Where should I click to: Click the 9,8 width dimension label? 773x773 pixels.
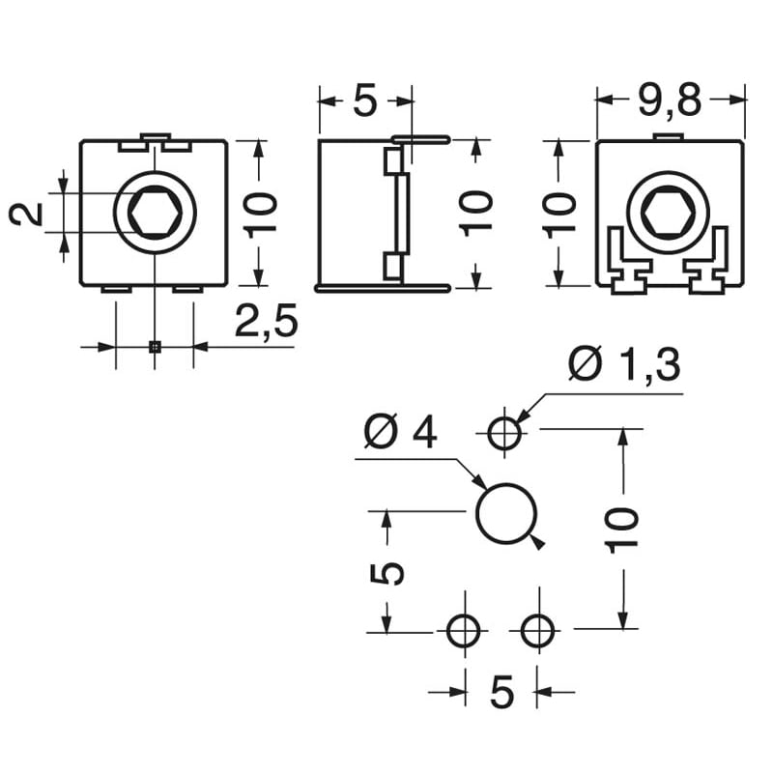pos(672,98)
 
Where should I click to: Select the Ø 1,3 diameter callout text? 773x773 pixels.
pos(624,366)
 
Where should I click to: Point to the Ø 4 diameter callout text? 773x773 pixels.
pos(400,433)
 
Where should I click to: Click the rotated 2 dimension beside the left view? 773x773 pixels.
pos(28,214)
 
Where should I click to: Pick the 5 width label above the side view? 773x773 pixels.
pos(364,100)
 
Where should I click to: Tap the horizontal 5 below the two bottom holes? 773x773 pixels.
pos(501,692)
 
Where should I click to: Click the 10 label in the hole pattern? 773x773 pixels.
pos(624,528)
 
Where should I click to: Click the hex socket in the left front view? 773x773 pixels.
pos(155,213)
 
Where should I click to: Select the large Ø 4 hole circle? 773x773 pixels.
pos(505,512)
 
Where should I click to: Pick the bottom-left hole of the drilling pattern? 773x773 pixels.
pos(464,632)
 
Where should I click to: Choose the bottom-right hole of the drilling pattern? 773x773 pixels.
pos(538,632)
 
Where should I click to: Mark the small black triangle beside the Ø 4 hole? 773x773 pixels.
pos(538,543)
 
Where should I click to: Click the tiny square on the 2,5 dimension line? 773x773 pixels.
pos(154,346)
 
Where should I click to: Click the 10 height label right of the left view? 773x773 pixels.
pos(263,213)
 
